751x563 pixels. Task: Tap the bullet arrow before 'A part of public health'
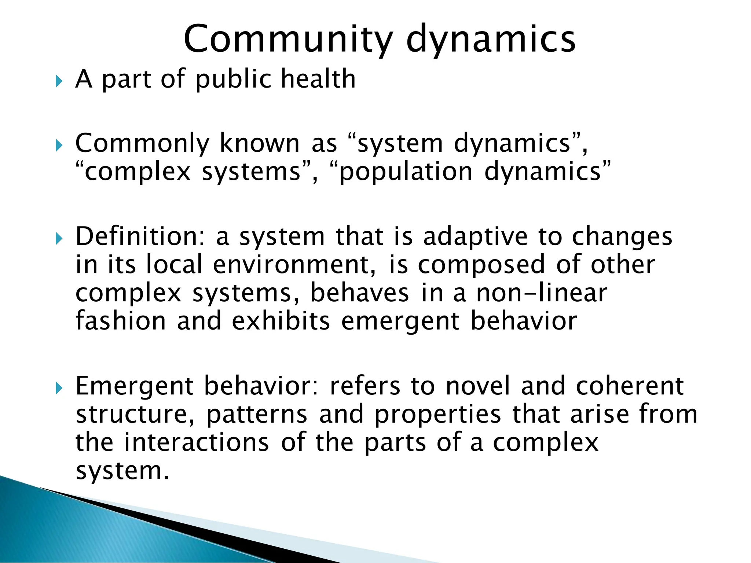pyautogui.click(x=59, y=81)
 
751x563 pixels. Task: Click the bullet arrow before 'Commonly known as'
pyautogui.click(x=59, y=146)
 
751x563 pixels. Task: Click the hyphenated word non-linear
pyautogui.click(x=542, y=293)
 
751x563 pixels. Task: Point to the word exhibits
pyautogui.click(x=281, y=321)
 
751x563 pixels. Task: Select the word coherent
pyautogui.click(x=630, y=386)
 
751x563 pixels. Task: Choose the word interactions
pyautogui.click(x=197, y=442)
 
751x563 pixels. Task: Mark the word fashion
pyautogui.click(x=121, y=321)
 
